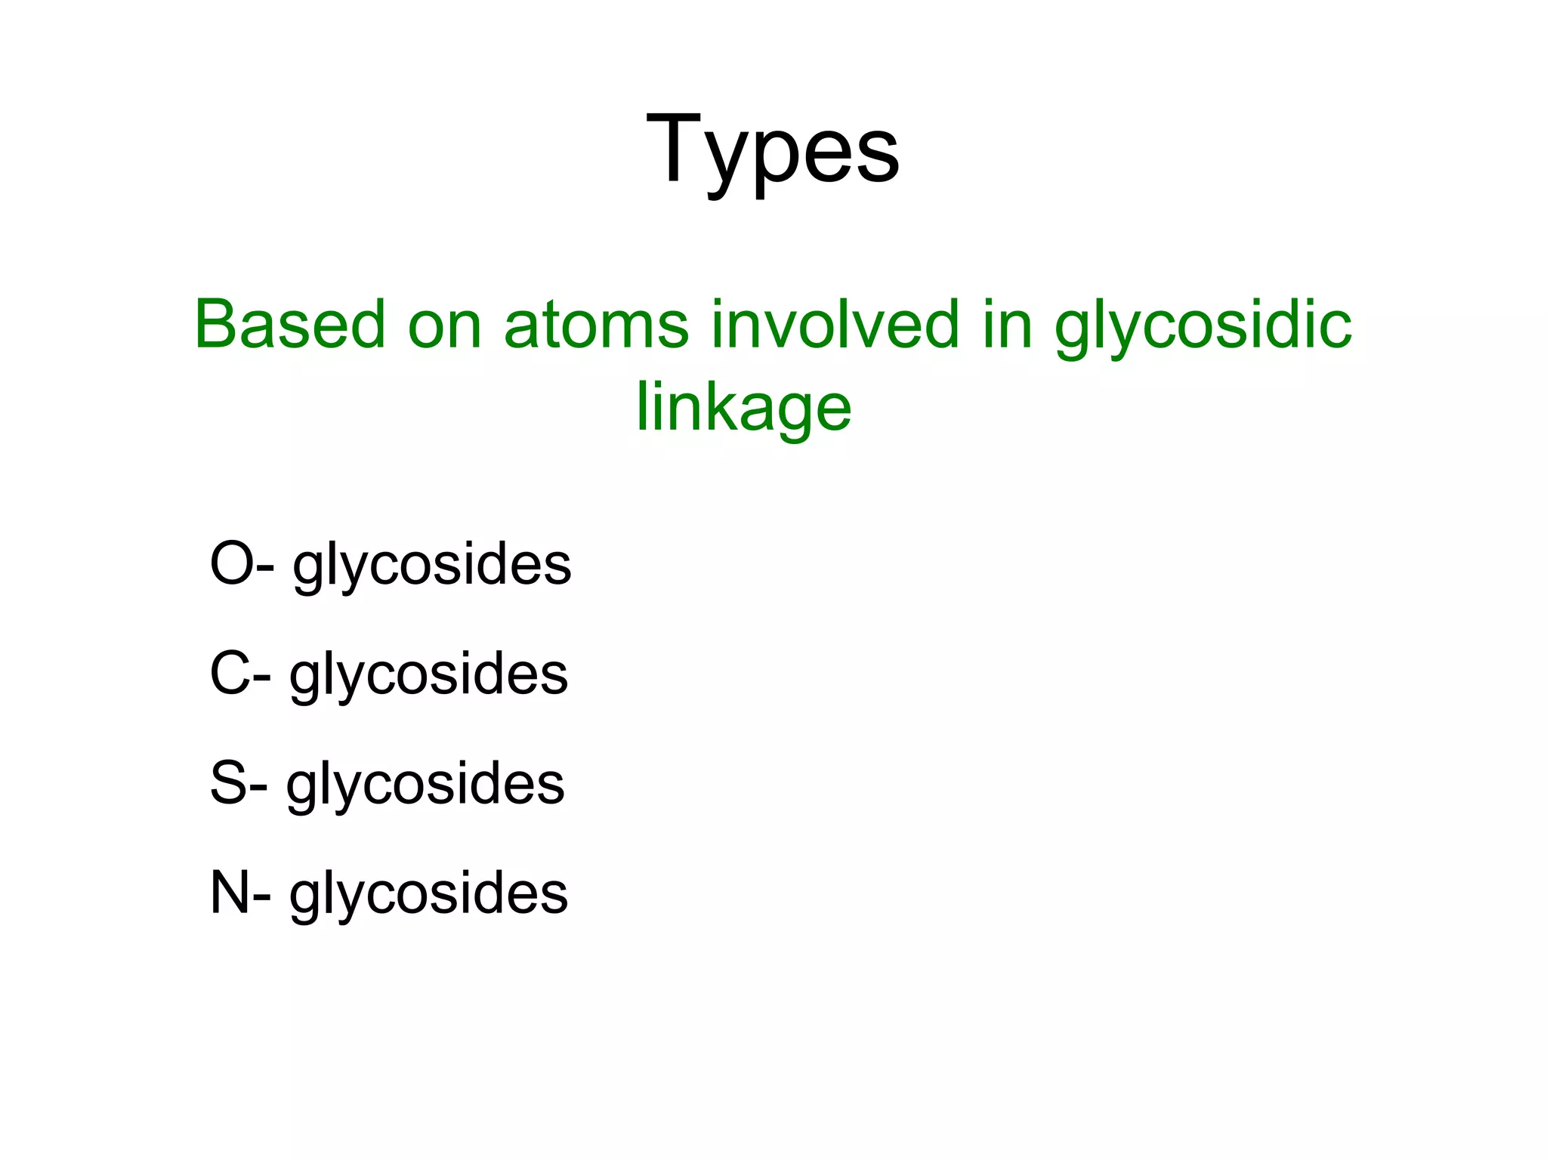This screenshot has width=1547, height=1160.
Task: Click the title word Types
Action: [773, 151]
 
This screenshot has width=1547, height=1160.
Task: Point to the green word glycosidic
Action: [1203, 329]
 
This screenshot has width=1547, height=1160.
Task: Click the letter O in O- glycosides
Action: [231, 563]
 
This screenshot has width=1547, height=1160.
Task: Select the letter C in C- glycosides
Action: [230, 673]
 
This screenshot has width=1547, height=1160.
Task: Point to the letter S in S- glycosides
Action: [228, 782]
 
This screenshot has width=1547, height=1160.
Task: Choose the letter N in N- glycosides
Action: [230, 893]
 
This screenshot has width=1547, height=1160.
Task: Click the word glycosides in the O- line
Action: [432, 566]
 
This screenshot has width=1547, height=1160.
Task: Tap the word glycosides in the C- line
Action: [428, 676]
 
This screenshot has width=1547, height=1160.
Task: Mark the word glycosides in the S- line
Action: [425, 785]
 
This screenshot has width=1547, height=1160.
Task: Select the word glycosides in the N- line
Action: [428, 896]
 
